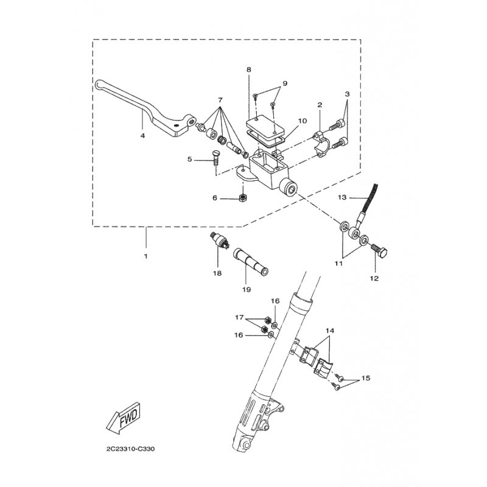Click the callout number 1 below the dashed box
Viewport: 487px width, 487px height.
click(x=145, y=256)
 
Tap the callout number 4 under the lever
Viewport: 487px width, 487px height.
click(x=142, y=136)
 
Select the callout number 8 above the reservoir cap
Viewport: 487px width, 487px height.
click(x=248, y=70)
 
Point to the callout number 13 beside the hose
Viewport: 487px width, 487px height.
click(x=342, y=197)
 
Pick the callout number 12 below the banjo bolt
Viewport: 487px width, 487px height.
click(x=374, y=278)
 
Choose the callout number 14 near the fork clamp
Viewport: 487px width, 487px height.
click(x=330, y=330)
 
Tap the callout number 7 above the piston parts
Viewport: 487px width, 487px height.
click(x=220, y=99)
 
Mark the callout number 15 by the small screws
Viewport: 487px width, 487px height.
click(x=366, y=377)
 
